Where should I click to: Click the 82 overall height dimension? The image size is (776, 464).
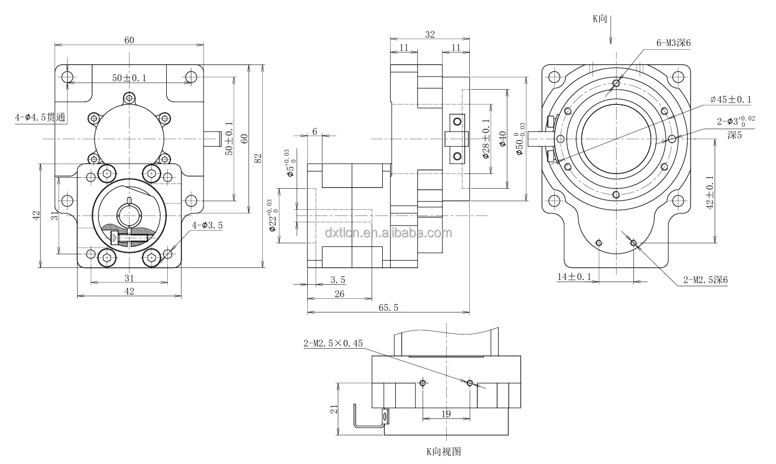(258, 159)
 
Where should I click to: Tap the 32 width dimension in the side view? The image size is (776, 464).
(429, 35)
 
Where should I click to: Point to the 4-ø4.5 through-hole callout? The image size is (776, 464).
(40, 118)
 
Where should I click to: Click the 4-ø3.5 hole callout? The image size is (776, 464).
(207, 225)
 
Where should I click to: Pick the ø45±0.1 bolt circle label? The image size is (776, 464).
(730, 99)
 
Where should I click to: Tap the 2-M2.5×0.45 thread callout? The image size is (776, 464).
(333, 344)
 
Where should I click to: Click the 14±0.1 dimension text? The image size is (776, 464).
(574, 277)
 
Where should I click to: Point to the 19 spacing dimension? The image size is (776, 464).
(446, 414)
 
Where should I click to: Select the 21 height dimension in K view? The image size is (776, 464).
(333, 409)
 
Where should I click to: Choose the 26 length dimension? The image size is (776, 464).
(339, 294)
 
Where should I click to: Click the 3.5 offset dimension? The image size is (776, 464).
(338, 280)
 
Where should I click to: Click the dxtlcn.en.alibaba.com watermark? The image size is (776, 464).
(387, 233)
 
